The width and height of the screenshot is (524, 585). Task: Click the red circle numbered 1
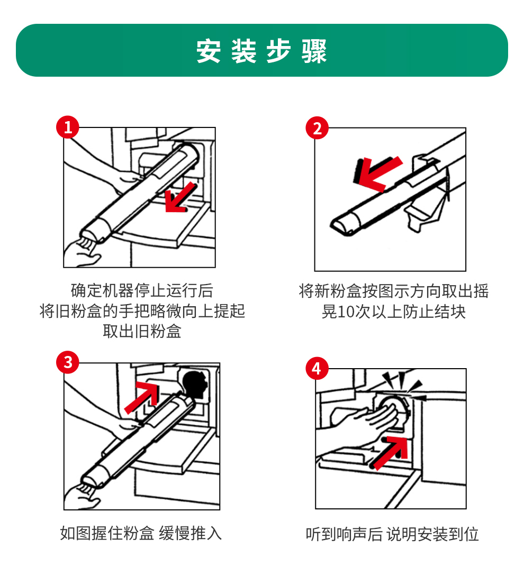tap(68, 127)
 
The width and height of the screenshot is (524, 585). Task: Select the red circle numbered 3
tap(68, 362)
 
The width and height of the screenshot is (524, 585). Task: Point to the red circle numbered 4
tap(317, 368)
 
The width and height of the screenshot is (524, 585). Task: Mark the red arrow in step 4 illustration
tap(390, 453)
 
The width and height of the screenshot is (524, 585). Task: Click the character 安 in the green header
tap(209, 51)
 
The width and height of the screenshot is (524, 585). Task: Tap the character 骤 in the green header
tap(314, 51)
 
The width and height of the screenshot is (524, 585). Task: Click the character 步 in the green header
tap(279, 51)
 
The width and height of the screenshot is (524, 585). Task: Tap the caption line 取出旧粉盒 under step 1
tap(142, 331)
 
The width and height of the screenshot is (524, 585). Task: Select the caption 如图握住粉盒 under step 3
tap(107, 533)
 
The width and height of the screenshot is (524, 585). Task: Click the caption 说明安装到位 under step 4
tap(432, 534)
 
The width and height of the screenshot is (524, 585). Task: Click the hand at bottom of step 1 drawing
tap(82, 252)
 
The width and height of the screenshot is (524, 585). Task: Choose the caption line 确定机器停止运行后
tap(142, 290)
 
